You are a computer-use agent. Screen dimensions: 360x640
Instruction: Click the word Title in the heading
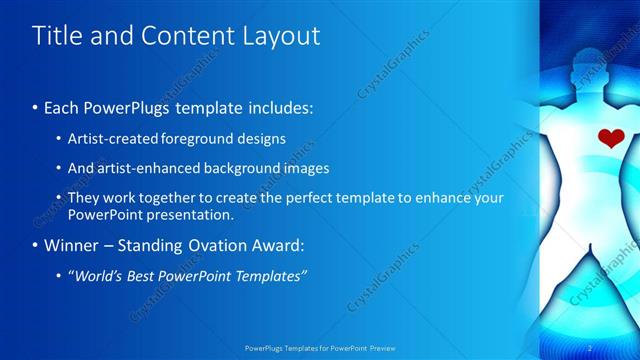(55, 36)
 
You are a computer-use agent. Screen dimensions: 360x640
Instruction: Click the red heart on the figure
(610, 138)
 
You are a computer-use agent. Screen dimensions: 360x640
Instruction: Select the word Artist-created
(109, 139)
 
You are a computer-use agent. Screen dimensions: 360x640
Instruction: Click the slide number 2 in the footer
(589, 348)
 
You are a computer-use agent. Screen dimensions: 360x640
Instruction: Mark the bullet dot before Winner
(37, 245)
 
